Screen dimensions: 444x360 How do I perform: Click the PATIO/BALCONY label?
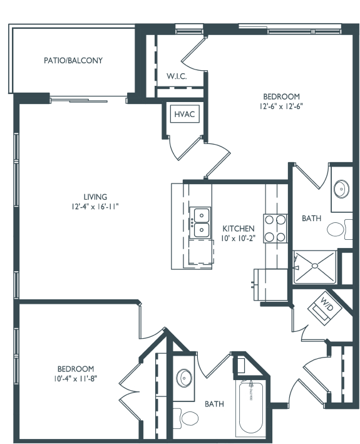tap(73, 61)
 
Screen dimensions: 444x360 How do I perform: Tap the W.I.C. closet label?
tap(177, 76)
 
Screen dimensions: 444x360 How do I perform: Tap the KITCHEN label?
tap(239, 229)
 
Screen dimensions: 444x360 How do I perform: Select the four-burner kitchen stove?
tap(276, 228)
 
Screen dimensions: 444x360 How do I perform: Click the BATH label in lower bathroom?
tap(214, 404)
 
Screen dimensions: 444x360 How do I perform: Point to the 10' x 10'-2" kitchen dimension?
tap(239, 239)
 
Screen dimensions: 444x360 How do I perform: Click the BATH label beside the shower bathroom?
tap(311, 219)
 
